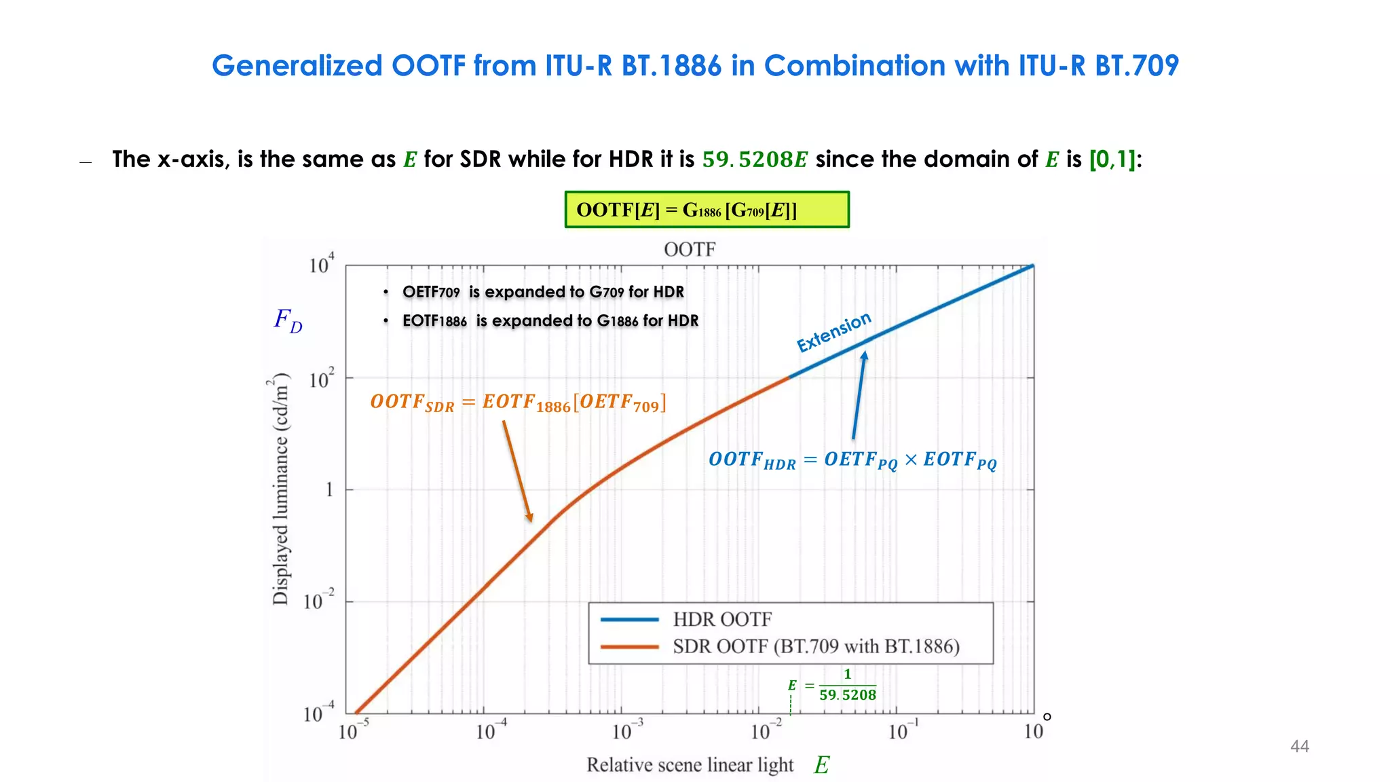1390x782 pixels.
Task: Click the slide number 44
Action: pyautogui.click(x=1299, y=746)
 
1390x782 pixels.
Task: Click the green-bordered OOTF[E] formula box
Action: pyautogui.click(x=707, y=210)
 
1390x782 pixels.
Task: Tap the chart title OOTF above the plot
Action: pyautogui.click(x=689, y=249)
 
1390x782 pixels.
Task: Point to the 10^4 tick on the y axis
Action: pyautogui.click(x=321, y=264)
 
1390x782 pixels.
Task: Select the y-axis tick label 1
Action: pyautogui.click(x=329, y=489)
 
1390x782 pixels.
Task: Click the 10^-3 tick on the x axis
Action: pyautogui.click(x=626, y=730)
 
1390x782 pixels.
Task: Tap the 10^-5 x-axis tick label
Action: pyautogui.click(x=353, y=730)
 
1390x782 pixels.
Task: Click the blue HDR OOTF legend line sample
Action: pyautogui.click(x=629, y=619)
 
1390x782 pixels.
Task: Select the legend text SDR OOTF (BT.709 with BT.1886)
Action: pyautogui.click(x=816, y=646)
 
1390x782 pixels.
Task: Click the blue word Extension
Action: pyautogui.click(x=833, y=332)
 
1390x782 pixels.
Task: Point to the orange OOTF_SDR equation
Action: pyautogui.click(x=518, y=403)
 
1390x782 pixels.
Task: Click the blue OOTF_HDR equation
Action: pyautogui.click(x=852, y=460)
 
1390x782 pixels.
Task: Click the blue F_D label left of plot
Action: pyautogui.click(x=288, y=320)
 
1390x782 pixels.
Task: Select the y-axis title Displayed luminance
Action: pyautogui.click(x=280, y=489)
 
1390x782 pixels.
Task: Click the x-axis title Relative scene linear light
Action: pyautogui.click(x=690, y=765)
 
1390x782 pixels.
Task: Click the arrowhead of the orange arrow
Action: pyautogui.click(x=530, y=518)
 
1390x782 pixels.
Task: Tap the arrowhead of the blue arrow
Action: pyautogui.click(x=864, y=355)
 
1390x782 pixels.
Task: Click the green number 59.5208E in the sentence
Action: pyautogui.click(x=754, y=160)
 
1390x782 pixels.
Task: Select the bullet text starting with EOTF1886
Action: pyautogui.click(x=550, y=320)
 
